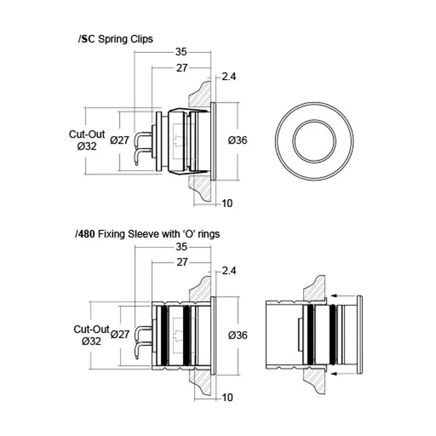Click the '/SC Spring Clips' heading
coord(116,39)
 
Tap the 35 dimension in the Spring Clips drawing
coord(181,52)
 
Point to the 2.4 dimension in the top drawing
coord(229,77)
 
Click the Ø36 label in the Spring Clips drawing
coord(238,140)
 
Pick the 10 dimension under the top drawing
coord(227,203)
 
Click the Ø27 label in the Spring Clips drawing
coord(119,140)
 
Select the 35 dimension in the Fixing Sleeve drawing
coord(181,247)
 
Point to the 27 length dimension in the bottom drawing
coord(182,262)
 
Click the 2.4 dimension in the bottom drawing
coord(229,271)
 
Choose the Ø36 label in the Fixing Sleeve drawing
coord(238,335)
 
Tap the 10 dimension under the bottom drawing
coord(227,398)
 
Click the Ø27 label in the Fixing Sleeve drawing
coord(119,335)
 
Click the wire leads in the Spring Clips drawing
coord(143,147)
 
